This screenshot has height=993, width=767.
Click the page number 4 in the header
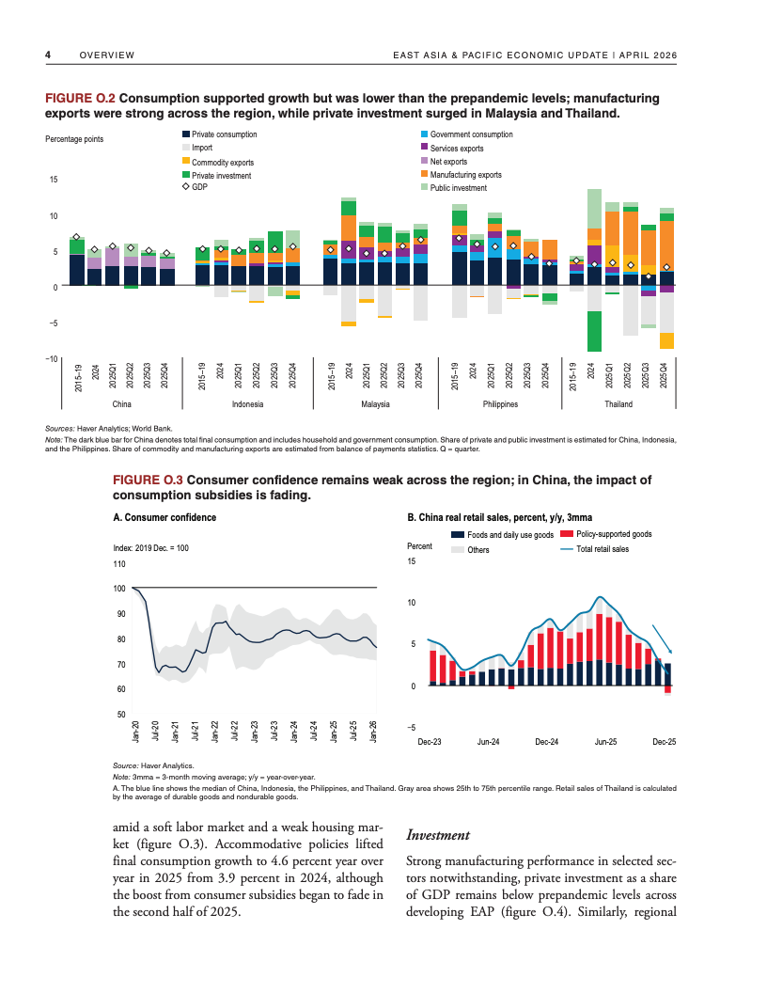(47, 55)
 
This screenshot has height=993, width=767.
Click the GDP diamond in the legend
(185, 188)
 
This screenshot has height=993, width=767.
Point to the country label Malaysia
(374, 404)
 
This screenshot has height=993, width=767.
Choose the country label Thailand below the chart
(618, 404)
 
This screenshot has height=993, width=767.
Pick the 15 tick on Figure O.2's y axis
(54, 179)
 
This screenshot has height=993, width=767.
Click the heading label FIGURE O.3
(147, 480)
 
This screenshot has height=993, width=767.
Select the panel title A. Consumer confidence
(164, 517)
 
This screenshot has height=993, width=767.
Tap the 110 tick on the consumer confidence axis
(118, 564)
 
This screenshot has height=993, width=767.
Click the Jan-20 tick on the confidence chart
(136, 731)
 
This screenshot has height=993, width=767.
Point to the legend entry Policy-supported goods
(614, 534)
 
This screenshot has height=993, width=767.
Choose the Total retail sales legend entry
(603, 549)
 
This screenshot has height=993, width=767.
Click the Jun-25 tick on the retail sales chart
(605, 743)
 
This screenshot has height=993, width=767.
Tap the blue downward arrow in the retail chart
(662, 640)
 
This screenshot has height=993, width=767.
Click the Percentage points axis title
(74, 139)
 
